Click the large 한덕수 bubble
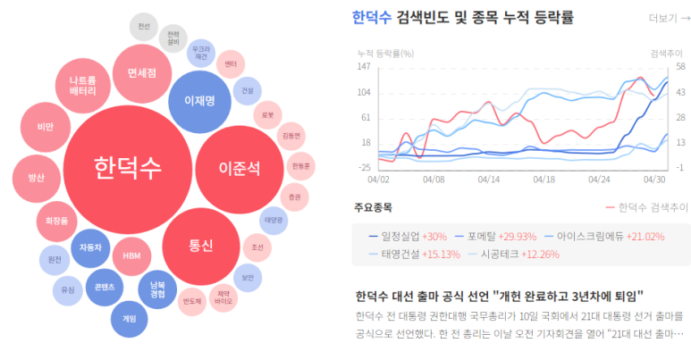tap(128, 167)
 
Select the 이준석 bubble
tap(239, 168)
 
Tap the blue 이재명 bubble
tap(198, 101)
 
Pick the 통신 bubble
tap(200, 245)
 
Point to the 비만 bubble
tap(45, 128)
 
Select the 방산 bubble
tap(37, 178)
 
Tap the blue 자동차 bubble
tap(89, 247)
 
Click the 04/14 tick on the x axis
tap(489, 179)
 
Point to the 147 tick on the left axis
tap(364, 67)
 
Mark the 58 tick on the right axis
tap(679, 67)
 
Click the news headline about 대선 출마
tap(500, 296)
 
